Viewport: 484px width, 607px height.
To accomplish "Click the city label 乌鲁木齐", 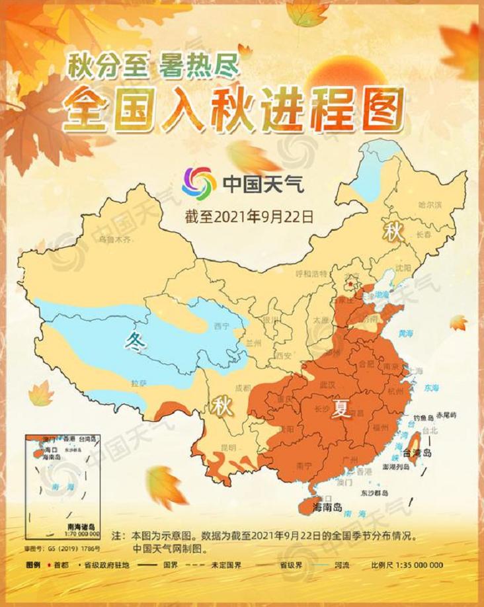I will pos(116,239).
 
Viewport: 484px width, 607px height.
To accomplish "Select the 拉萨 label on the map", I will pos(139,382).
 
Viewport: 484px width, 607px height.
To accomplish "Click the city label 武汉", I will pos(327,384).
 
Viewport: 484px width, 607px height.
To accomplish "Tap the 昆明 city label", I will pos(228,447).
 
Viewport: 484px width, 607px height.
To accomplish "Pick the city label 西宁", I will pos(221,327).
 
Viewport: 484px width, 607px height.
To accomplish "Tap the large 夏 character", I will pos(341,410).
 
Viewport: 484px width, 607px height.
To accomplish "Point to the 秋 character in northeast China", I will pos(394,232).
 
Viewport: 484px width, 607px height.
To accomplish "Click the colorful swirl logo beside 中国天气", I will pos(199,183).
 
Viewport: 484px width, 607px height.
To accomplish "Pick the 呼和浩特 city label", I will pos(311,274).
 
